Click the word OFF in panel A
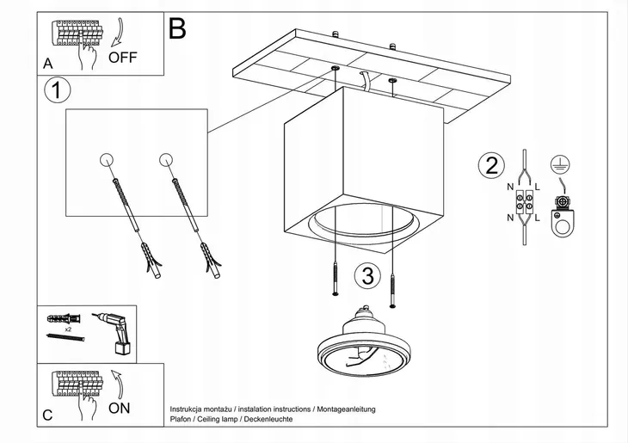coord(122,58)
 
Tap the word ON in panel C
coord(120,409)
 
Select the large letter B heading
coord(177,28)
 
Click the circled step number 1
coord(58,90)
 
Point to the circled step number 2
coord(491,166)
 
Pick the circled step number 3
coord(367,276)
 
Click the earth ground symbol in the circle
coord(560,164)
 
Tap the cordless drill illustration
coord(114,333)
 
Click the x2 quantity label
coord(68,329)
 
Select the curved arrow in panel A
coord(119,32)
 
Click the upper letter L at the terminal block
coord(537,187)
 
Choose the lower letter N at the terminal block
coord(510,218)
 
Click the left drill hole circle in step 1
coord(107,160)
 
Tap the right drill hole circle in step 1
coord(166,160)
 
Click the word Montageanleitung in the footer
coord(346,409)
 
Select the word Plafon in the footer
coord(180,419)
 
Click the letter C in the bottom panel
coord(47,415)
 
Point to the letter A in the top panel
coord(47,64)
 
